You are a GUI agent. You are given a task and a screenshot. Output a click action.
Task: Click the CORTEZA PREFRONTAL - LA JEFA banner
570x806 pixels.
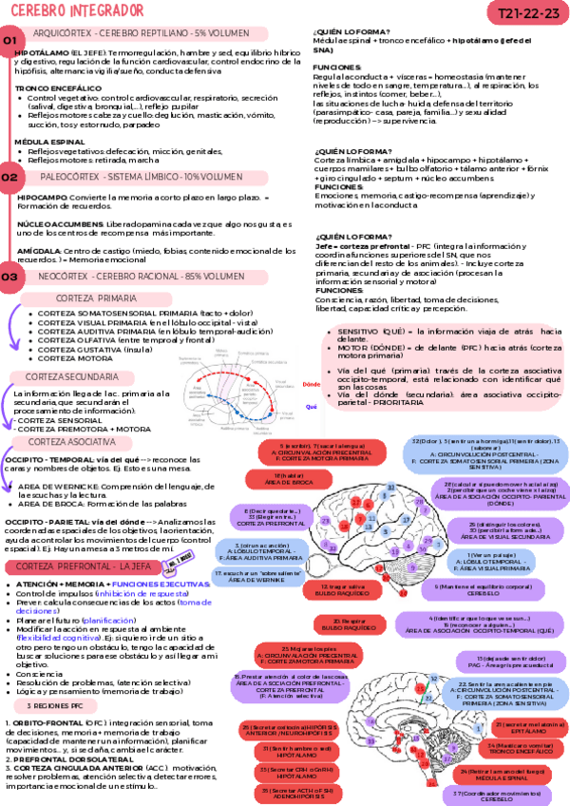tap(81, 566)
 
